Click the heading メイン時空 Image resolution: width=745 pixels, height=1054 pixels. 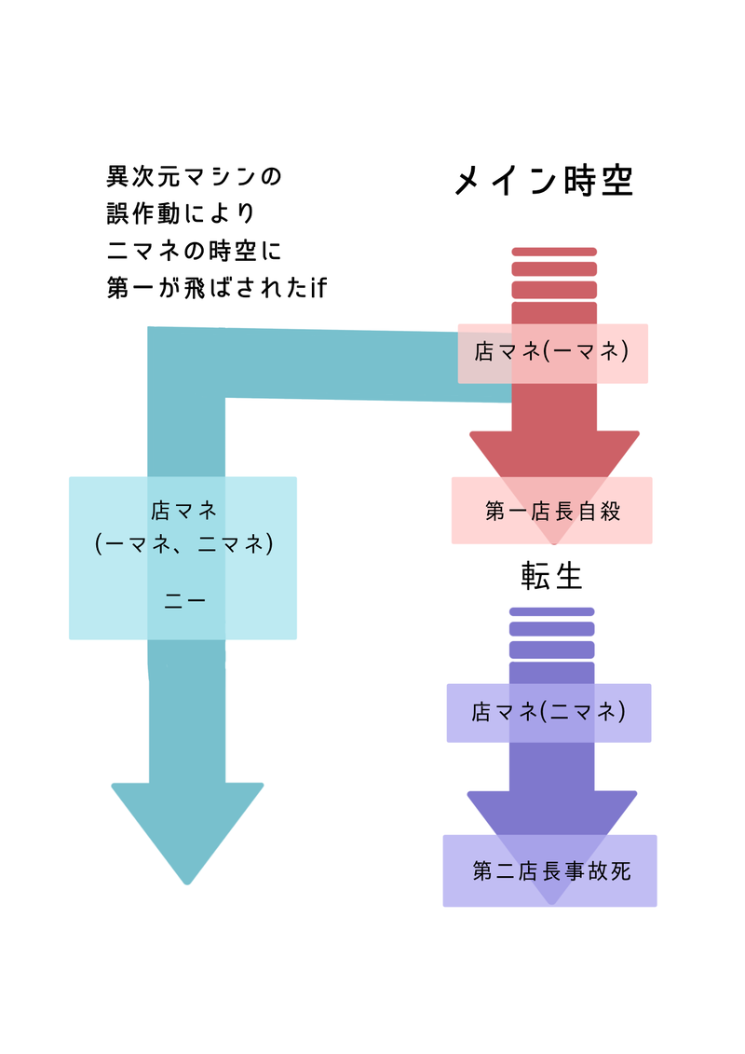(544, 181)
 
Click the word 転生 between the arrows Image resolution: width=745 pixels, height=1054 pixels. (551, 577)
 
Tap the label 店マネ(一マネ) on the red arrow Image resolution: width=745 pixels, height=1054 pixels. (552, 352)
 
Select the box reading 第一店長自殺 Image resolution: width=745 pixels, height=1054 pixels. (552, 511)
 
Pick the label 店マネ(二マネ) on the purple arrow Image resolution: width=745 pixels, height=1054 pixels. (549, 713)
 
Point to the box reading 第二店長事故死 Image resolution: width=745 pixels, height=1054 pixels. (550, 871)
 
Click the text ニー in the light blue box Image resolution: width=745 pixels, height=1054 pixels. (184, 601)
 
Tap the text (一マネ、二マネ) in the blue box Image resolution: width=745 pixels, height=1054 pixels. (184, 542)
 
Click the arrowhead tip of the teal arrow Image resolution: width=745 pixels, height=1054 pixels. (187, 880)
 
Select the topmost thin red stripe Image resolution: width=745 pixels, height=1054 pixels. (554, 252)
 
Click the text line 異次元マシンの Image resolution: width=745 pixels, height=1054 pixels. (194, 176)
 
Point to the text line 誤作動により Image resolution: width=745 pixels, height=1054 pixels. (181, 213)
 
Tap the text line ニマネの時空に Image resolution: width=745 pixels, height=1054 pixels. (194, 252)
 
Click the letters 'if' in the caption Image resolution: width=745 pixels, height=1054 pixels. (318, 289)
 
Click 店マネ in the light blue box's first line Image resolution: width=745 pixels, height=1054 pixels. (183, 511)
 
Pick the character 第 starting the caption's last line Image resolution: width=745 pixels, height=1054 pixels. (117, 289)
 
